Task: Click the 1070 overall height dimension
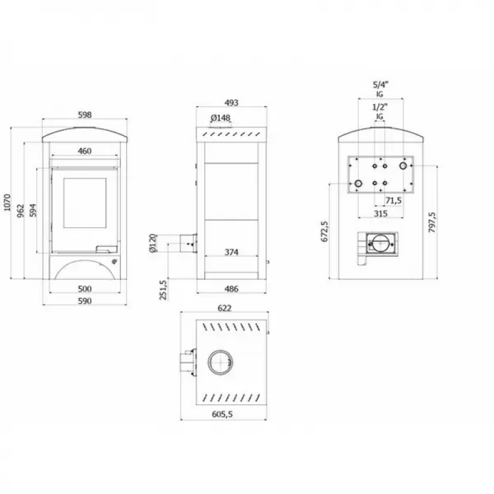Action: pos(7,203)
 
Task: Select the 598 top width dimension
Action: pos(85,114)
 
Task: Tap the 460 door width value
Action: pos(85,151)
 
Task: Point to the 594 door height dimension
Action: pos(33,211)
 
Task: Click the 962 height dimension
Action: pos(21,211)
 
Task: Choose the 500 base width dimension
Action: pos(85,289)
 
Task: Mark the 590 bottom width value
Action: pos(85,301)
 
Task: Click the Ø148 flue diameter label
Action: pos(221,118)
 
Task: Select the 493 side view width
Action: pos(231,103)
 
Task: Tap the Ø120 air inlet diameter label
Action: pos(152,243)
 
